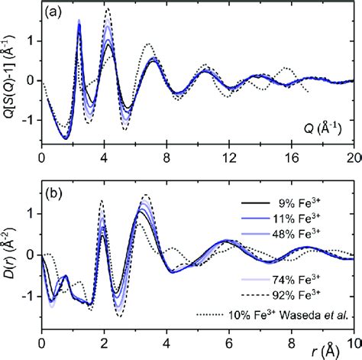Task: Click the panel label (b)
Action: (55, 191)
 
